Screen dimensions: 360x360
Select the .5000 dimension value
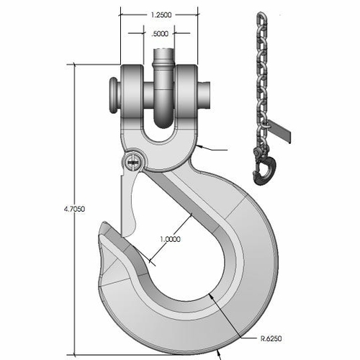click(x=160, y=32)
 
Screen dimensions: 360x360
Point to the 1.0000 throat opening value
click(x=168, y=239)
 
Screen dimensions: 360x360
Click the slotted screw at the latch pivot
click(x=131, y=163)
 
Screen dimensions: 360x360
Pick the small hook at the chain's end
click(x=263, y=170)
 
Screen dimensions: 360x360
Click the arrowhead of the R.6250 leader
click(x=208, y=294)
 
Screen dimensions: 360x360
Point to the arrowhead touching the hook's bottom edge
click(x=218, y=353)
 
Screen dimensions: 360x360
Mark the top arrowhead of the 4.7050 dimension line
click(x=75, y=67)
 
